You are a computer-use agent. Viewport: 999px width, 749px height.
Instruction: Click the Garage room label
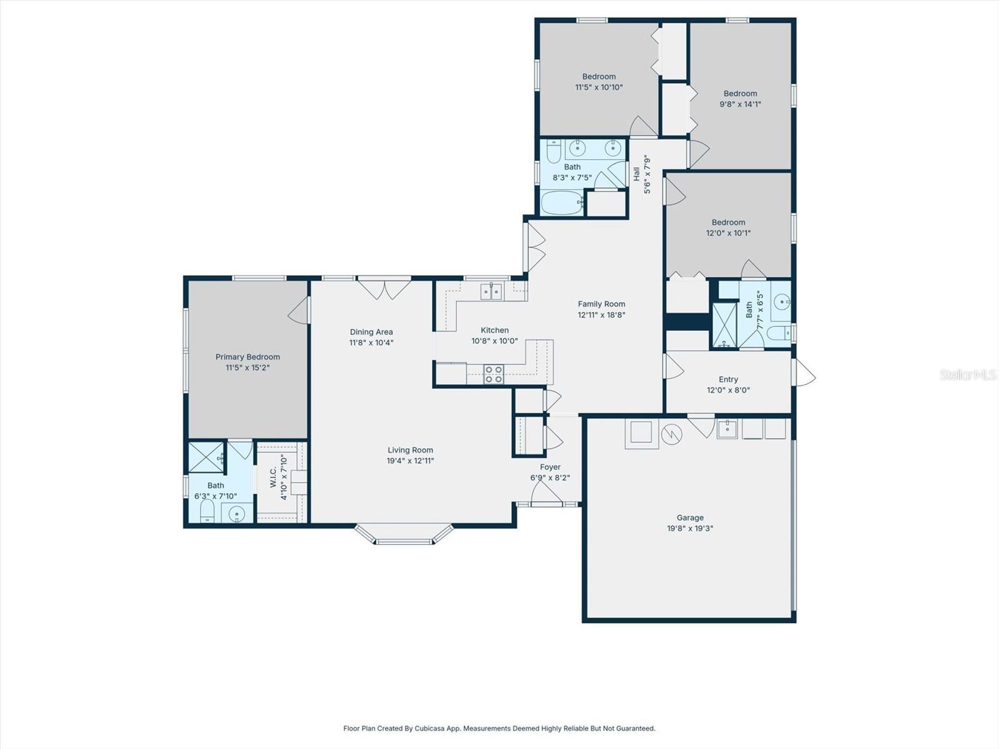(x=690, y=517)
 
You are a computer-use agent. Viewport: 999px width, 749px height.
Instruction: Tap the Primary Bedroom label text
(x=248, y=357)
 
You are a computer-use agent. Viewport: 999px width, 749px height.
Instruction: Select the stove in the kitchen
(x=493, y=374)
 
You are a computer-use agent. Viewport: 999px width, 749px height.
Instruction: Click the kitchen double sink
(x=491, y=291)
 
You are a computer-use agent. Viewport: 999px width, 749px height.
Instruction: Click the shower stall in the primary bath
(x=206, y=457)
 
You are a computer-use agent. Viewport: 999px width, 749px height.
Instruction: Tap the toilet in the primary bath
(x=207, y=512)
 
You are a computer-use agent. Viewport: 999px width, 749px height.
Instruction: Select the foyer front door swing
(x=546, y=494)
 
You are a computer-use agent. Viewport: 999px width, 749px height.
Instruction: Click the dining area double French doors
(x=384, y=288)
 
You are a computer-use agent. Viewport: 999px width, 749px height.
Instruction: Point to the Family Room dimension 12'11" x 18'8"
(x=601, y=315)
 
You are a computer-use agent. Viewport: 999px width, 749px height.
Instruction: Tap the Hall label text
(x=636, y=174)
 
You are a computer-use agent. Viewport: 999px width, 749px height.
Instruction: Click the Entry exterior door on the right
(x=804, y=373)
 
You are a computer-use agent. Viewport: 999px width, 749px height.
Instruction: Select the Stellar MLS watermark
(x=967, y=374)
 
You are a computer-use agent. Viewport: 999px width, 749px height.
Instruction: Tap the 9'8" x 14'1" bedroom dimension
(x=740, y=104)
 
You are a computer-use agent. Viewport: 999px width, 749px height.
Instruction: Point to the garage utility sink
(x=727, y=429)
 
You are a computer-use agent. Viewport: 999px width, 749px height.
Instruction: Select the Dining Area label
(x=371, y=332)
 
